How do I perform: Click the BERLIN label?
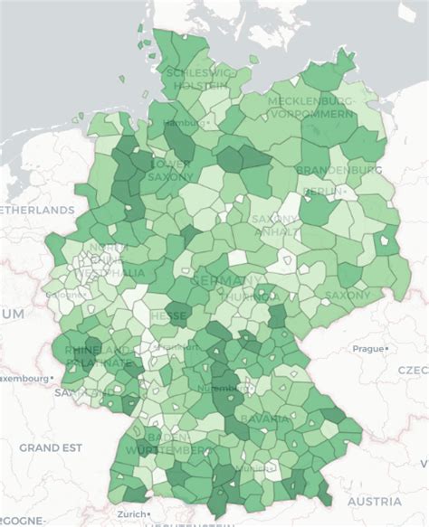[323, 191]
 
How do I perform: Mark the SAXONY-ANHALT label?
[273, 226]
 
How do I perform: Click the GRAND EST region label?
[51, 447]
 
